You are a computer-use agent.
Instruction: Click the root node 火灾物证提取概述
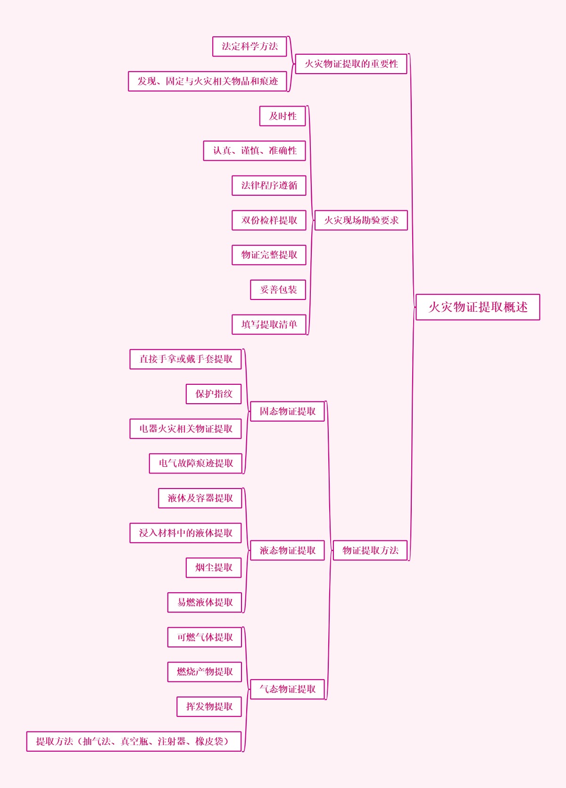[x=477, y=307]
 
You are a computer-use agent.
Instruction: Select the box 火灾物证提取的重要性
[x=351, y=64]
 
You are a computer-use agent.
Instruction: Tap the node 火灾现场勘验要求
[x=361, y=220]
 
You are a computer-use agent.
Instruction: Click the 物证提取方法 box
[x=370, y=550]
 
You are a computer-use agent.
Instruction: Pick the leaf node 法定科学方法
[x=250, y=46]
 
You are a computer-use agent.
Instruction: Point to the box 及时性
[x=283, y=116]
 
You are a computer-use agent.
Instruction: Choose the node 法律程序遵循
[x=269, y=185]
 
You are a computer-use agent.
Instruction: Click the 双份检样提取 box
[x=269, y=220]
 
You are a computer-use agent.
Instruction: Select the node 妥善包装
[x=278, y=290]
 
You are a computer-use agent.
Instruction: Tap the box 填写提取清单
[x=269, y=324]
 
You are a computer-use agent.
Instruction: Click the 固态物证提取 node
[x=287, y=411]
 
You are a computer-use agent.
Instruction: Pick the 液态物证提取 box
[x=287, y=550]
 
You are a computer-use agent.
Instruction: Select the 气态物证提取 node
[x=287, y=689]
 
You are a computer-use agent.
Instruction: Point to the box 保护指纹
[x=214, y=394]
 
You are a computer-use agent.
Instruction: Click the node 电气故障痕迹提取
[x=196, y=463]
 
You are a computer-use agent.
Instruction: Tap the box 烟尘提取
[x=214, y=567]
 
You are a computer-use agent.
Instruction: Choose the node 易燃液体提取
[x=205, y=602]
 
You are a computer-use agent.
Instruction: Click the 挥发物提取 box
[x=209, y=706]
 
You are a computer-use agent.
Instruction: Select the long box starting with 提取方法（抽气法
[x=134, y=741]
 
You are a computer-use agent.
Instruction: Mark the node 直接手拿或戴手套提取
[x=186, y=359]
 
